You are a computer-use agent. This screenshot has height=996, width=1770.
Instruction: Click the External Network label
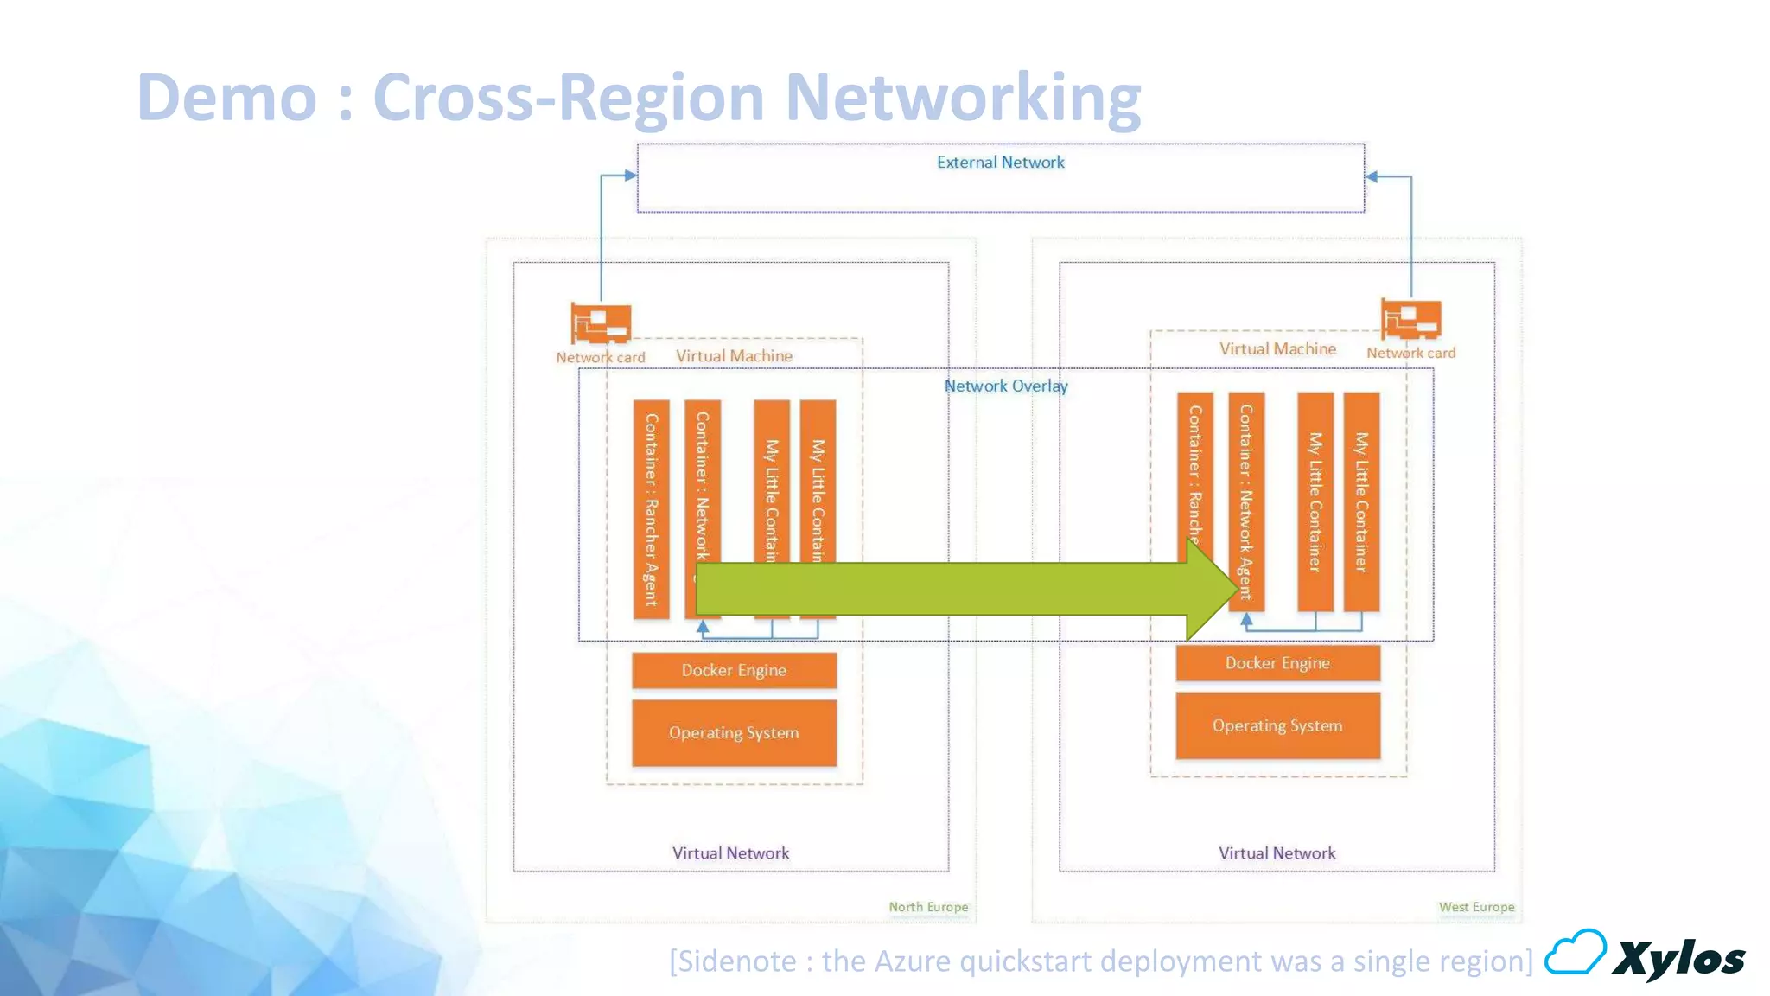click(x=1000, y=163)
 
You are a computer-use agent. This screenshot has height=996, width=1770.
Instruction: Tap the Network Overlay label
click(x=1005, y=386)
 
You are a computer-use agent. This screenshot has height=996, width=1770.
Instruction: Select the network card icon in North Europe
click(x=601, y=323)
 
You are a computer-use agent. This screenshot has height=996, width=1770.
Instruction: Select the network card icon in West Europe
click(x=1410, y=319)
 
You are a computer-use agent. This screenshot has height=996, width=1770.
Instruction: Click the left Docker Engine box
click(x=734, y=670)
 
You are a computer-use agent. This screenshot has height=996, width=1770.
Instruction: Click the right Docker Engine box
click(x=1277, y=663)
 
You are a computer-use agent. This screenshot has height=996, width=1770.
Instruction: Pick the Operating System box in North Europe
click(x=734, y=733)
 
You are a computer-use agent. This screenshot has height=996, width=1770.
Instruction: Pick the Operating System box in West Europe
click(x=1277, y=726)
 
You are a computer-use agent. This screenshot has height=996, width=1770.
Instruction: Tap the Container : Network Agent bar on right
click(x=1245, y=484)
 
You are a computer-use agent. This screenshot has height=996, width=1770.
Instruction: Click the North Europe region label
click(x=928, y=907)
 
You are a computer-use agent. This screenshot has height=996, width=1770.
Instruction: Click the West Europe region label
click(x=1476, y=907)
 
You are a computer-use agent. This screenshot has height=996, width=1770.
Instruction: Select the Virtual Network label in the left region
click(x=730, y=853)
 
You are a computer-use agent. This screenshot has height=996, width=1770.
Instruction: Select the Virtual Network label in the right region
click(x=1277, y=853)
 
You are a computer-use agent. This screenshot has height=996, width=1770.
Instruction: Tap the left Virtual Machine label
click(x=734, y=356)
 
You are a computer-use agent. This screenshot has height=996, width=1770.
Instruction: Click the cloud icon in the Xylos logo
click(x=1575, y=953)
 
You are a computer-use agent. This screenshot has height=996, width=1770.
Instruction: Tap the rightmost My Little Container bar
click(x=1361, y=501)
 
